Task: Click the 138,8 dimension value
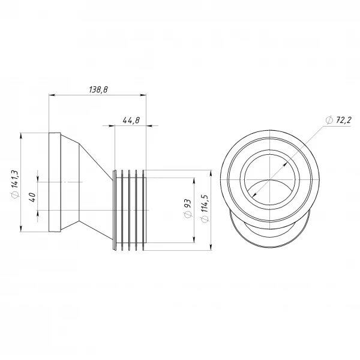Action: (98, 89)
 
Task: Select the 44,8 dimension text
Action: (131, 121)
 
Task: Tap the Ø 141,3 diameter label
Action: (15, 184)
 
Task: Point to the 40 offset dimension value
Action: (32, 197)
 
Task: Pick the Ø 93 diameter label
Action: (187, 208)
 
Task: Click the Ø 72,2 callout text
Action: (338, 120)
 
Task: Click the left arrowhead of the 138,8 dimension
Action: (52, 95)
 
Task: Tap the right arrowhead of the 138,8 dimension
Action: (143, 95)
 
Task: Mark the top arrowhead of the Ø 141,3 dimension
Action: (21, 136)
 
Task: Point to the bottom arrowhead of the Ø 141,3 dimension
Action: (21, 229)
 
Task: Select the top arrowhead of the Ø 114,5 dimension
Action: (211, 173)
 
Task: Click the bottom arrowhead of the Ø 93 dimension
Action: (194, 239)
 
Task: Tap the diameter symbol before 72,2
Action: (329, 120)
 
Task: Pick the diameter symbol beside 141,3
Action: (15, 194)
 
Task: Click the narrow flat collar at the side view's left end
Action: (55, 182)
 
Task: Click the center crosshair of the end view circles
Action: (269, 179)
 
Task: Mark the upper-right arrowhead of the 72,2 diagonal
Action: (286, 164)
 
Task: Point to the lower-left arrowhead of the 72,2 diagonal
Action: (254, 195)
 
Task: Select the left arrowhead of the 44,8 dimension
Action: (112, 125)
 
